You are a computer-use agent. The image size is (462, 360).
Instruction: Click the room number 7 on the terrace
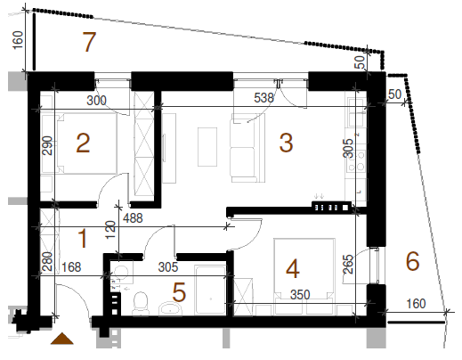point(89,42)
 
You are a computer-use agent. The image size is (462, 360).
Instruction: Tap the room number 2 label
point(83,143)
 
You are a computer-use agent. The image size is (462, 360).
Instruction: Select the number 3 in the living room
point(287,143)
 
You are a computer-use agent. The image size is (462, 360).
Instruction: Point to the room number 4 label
point(293,269)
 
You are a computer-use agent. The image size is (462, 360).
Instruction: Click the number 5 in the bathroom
point(179,292)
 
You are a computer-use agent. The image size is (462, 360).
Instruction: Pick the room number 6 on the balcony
point(412,261)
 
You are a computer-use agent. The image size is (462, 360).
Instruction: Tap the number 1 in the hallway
point(83,239)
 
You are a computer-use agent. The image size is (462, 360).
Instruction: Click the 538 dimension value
point(263,98)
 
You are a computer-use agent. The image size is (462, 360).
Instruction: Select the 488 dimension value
point(133,218)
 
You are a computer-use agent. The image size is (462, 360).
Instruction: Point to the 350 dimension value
point(300,295)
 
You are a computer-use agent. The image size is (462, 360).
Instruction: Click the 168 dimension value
point(71,267)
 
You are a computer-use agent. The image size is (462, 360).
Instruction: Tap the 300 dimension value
point(96,101)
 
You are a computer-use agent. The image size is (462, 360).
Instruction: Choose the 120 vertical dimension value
point(110,230)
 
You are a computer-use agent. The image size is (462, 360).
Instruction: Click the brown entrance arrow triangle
point(62,339)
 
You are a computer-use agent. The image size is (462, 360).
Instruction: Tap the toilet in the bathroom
point(140,303)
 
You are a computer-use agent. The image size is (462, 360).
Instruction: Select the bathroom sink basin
point(170,309)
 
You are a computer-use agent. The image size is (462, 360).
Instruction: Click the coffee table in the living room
point(207,147)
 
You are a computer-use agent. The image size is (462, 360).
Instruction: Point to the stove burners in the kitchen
point(356,160)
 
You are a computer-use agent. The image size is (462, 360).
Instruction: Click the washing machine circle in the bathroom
point(121,272)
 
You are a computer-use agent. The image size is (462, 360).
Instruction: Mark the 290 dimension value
point(47,145)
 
